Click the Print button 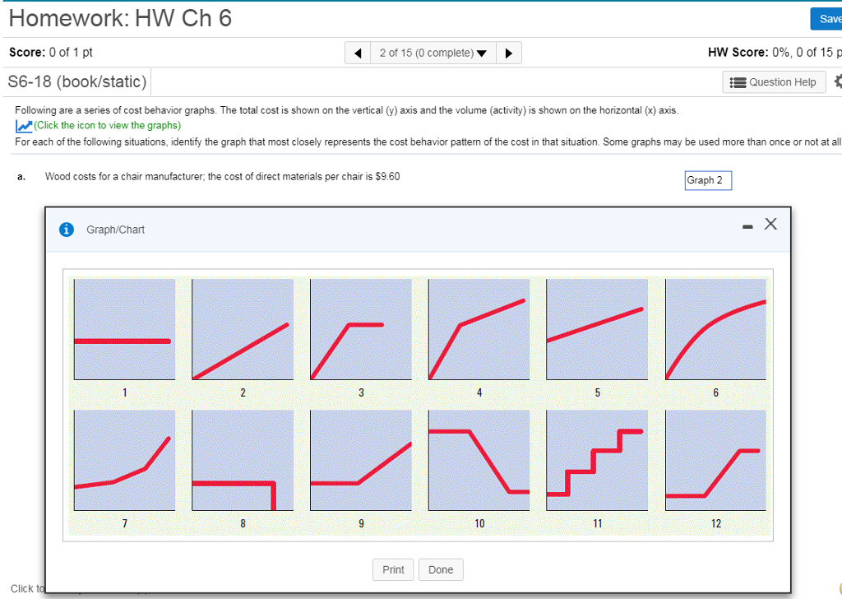[x=393, y=569]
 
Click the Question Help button [x=774, y=82]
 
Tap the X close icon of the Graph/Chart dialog [x=770, y=224]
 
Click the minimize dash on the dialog [x=747, y=227]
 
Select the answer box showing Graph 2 [x=707, y=180]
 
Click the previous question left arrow [x=358, y=53]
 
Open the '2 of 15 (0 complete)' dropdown [x=433, y=53]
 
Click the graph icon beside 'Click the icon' [x=24, y=126]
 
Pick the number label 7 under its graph [x=124, y=523]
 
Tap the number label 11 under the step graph [x=597, y=523]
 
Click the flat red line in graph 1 [x=123, y=341]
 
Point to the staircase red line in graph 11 [x=592, y=461]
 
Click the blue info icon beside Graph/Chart [x=67, y=230]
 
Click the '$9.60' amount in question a [x=386, y=177]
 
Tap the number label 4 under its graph [x=479, y=392]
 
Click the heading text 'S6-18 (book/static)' [x=77, y=82]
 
